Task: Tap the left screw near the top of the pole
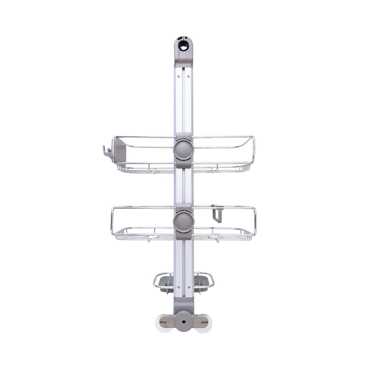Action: click(x=179, y=76)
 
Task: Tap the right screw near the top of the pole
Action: click(x=188, y=76)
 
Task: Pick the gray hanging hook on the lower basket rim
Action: click(x=217, y=213)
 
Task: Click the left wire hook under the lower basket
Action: click(x=148, y=240)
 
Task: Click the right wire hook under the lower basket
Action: click(x=218, y=240)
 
